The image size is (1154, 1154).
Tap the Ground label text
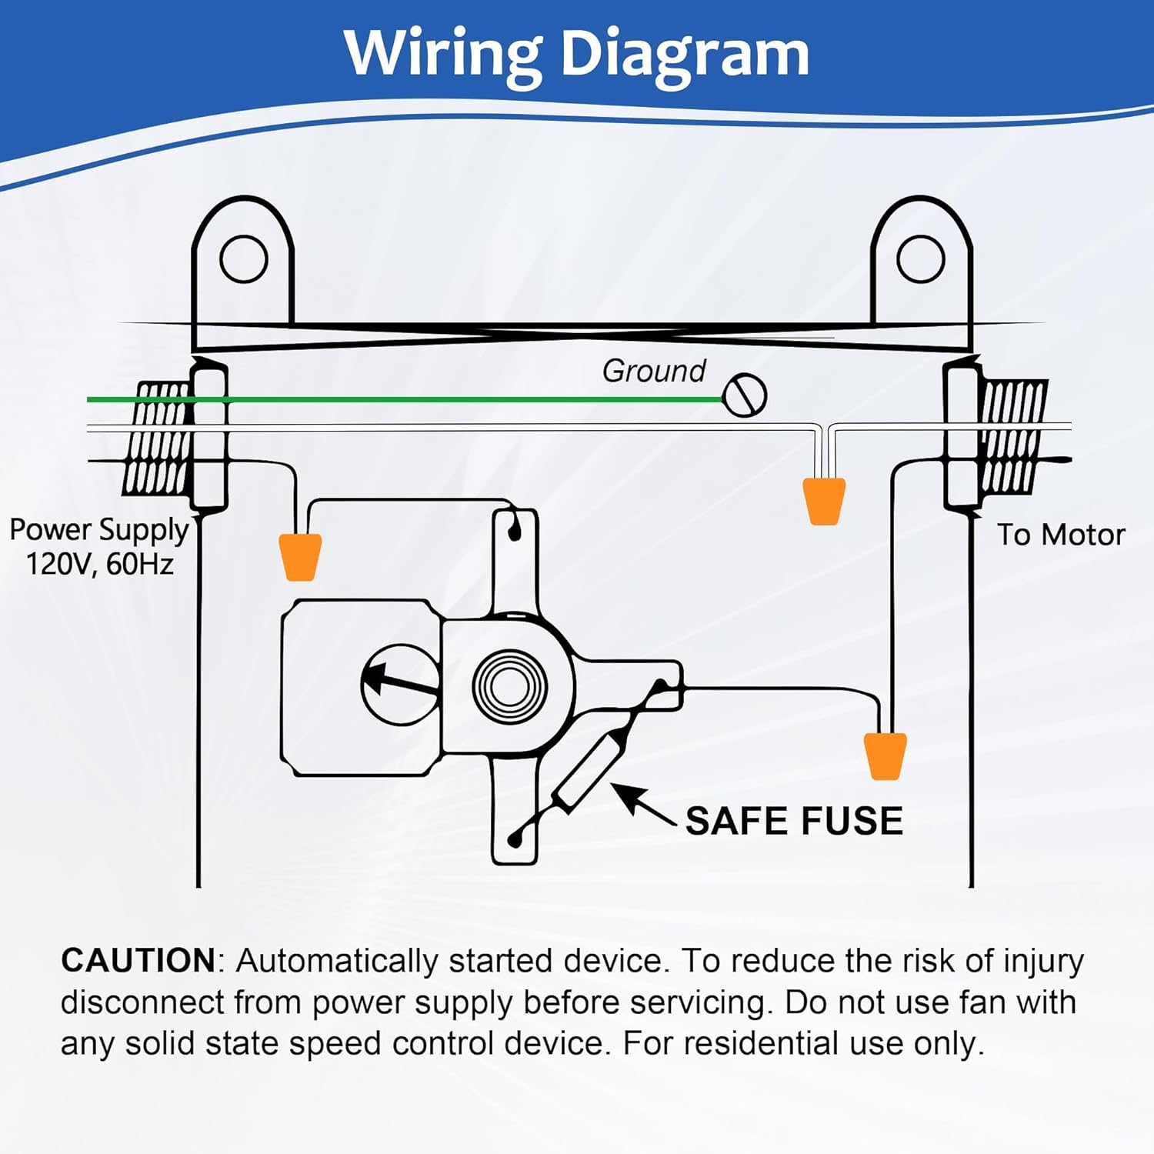click(x=653, y=371)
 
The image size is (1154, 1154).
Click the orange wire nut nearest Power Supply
click(x=299, y=556)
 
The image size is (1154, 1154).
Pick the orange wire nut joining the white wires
click(x=824, y=501)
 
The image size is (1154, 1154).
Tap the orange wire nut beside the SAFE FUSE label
click(x=885, y=755)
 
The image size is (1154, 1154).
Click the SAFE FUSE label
click(x=794, y=821)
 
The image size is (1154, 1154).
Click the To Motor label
click(x=1060, y=535)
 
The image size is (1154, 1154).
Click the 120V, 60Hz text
click(x=100, y=565)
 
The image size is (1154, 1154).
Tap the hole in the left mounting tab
click(x=243, y=259)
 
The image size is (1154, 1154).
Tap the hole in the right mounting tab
click(x=920, y=259)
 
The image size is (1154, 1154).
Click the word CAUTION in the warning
click(x=138, y=961)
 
